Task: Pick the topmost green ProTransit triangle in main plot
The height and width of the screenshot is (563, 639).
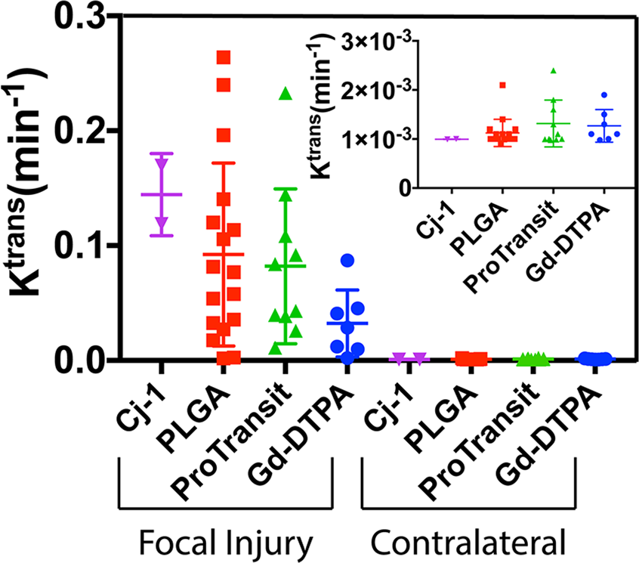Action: [286, 94]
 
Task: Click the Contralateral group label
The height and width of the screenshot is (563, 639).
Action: [468, 542]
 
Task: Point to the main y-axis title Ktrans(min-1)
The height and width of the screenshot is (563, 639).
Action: [33, 189]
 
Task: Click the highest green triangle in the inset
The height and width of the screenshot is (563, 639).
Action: [553, 70]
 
